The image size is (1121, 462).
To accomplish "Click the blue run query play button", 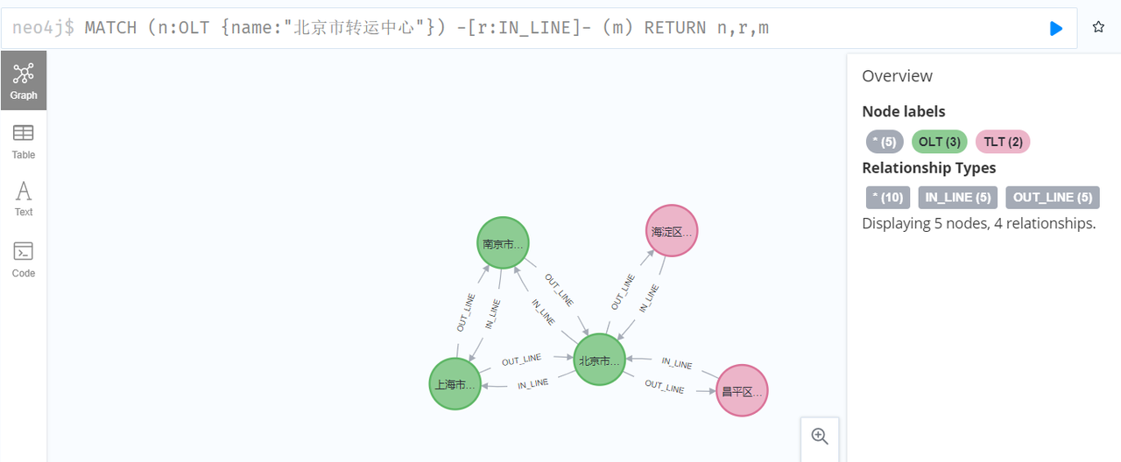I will click(1056, 28).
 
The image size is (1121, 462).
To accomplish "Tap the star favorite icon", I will click(1098, 28).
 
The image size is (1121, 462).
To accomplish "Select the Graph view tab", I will click(24, 80).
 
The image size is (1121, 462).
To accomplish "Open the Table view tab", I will click(24, 141).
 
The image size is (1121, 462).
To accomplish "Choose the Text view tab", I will click(24, 198).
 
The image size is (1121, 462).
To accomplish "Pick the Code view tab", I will click(24, 259).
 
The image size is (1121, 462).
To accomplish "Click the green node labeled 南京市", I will click(504, 243).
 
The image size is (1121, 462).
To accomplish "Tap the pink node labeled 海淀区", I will click(672, 231).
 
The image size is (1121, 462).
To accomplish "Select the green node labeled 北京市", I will click(600, 360).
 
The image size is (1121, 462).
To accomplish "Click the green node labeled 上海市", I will click(455, 383).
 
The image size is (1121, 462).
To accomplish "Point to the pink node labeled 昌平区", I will click(742, 390).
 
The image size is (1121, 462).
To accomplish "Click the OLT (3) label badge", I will click(940, 142).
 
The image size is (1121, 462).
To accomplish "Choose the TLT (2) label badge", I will click(1002, 142).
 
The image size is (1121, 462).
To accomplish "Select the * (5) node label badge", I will click(885, 142).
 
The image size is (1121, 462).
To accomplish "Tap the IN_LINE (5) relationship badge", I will click(958, 198).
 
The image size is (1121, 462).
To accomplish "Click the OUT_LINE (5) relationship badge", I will click(1052, 198).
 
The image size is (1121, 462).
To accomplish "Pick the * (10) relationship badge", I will click(888, 198).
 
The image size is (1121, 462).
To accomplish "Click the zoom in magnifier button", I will click(820, 436).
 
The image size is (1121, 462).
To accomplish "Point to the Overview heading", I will click(897, 76).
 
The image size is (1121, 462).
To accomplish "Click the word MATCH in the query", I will click(110, 28).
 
